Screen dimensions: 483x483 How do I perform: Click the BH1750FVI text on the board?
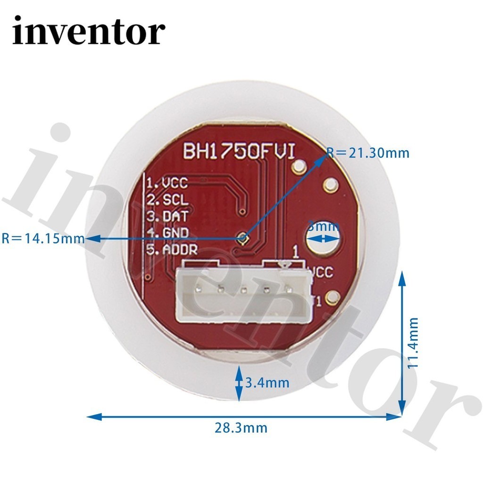(x=239, y=151)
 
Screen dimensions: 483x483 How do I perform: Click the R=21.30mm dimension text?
(x=368, y=152)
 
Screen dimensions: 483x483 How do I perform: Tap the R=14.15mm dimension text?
(x=43, y=238)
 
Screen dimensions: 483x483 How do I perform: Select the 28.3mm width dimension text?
(x=241, y=428)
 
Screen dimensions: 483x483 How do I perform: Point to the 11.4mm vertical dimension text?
(x=413, y=342)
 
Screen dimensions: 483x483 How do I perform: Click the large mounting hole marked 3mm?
(x=323, y=238)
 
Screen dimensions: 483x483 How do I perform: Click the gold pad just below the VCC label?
(x=332, y=297)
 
